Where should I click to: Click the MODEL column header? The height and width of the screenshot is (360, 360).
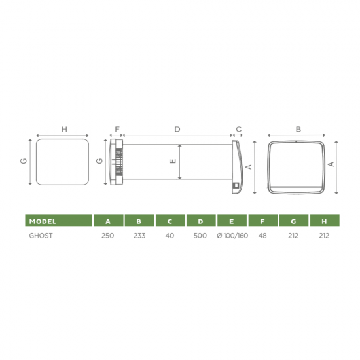(x=43, y=221)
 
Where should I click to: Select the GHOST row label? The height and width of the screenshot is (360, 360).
(x=41, y=236)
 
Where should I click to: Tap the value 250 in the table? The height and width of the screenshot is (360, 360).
(x=108, y=236)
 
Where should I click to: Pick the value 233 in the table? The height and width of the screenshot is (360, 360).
(x=139, y=236)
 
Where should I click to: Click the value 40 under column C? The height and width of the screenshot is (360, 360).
(x=170, y=236)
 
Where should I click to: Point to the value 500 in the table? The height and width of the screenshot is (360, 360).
(x=200, y=236)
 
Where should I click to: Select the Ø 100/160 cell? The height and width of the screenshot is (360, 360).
(x=232, y=236)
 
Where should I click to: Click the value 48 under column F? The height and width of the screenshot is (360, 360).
(x=262, y=236)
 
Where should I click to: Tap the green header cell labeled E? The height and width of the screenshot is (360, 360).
(x=232, y=221)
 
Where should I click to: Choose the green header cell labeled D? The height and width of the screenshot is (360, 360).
(x=201, y=221)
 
